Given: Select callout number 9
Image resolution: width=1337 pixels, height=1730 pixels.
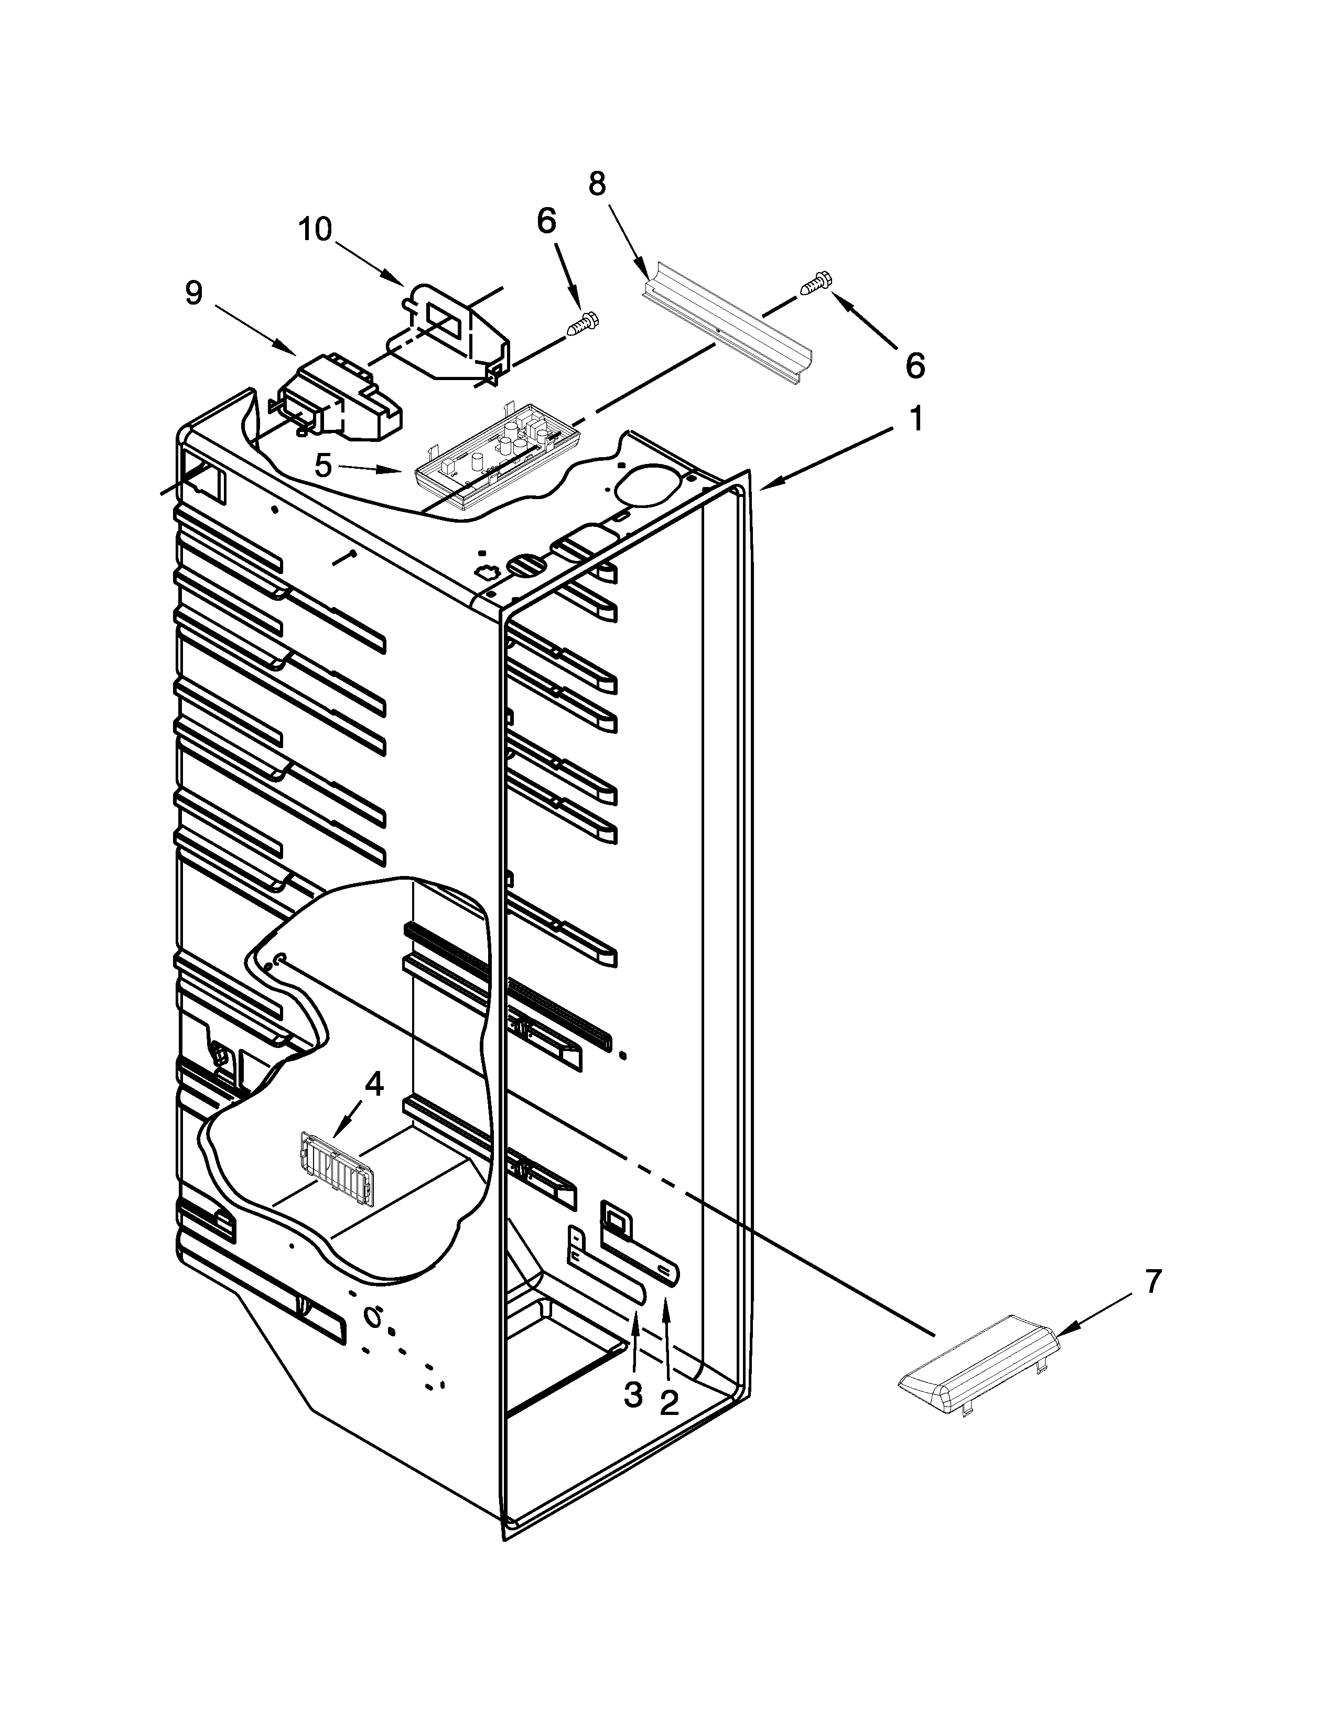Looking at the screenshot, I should point(194,294).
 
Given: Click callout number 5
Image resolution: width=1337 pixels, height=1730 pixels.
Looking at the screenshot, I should point(322,466).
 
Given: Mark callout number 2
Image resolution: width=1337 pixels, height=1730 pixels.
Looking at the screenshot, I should point(670,1403).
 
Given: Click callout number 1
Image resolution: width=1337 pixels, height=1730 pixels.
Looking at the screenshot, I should point(915,419).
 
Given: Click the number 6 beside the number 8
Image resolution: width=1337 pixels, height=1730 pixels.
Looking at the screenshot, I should point(546,221).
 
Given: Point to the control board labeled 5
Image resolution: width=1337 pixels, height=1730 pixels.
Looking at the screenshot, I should point(495,463).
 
